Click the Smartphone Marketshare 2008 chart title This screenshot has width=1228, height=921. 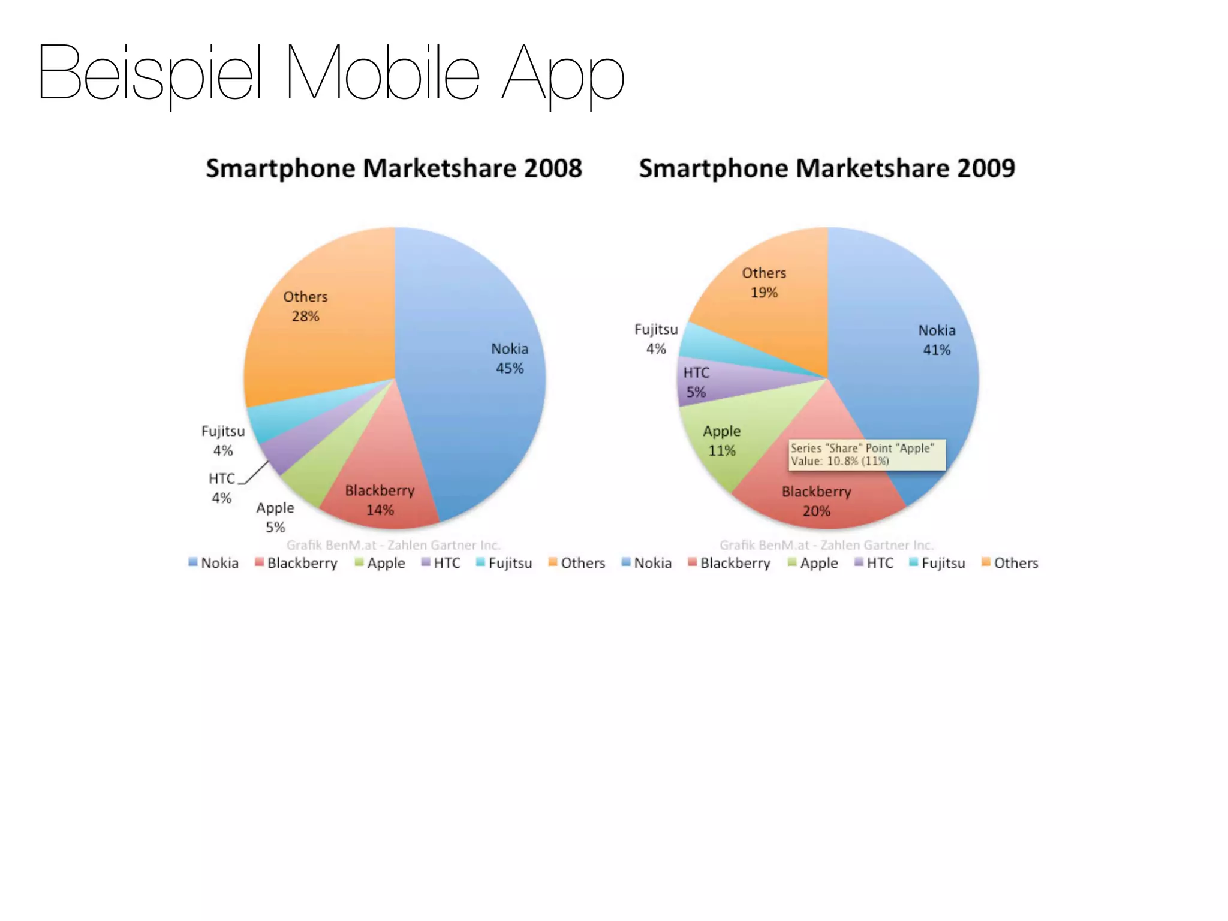click(x=394, y=168)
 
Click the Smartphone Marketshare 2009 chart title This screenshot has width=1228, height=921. click(x=827, y=168)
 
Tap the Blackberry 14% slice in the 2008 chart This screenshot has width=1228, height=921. click(x=384, y=480)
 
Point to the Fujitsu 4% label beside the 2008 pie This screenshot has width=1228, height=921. click(x=223, y=441)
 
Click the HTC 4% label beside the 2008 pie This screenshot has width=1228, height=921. click(x=222, y=488)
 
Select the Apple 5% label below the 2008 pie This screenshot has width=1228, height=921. click(x=275, y=517)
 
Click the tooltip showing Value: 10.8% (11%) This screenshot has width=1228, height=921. click(x=866, y=455)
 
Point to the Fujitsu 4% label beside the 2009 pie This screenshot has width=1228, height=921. click(x=656, y=339)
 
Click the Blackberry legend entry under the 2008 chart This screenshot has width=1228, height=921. click(x=296, y=563)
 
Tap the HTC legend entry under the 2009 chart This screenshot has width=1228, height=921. click(x=874, y=563)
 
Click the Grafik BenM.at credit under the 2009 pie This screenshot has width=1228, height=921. click(x=826, y=545)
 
